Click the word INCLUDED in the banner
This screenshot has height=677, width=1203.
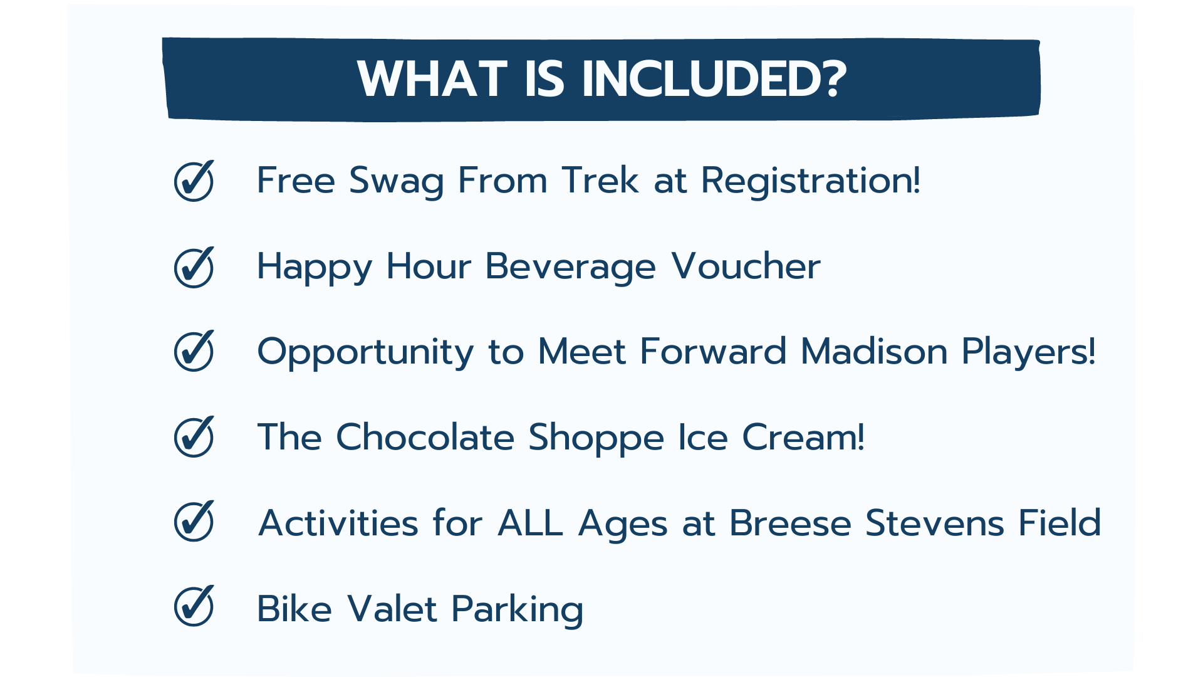714,80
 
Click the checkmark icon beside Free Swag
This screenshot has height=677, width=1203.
194,181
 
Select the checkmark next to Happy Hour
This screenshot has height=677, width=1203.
194,267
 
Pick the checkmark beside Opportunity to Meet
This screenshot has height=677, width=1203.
194,350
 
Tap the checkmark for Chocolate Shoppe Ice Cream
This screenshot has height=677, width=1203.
194,436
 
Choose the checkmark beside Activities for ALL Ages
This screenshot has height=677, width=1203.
194,521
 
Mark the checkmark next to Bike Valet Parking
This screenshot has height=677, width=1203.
194,606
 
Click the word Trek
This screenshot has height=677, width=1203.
600,181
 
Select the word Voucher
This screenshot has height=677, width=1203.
746,266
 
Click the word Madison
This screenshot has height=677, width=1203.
874,351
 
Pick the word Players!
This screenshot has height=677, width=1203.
1029,352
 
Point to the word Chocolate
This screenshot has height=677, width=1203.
425,436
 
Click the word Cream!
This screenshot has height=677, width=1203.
803,437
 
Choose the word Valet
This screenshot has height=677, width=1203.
392,608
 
